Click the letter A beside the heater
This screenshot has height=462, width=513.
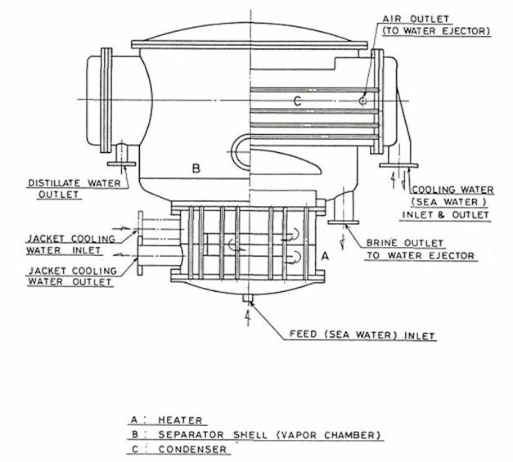325,256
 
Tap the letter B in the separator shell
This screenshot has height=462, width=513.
196,168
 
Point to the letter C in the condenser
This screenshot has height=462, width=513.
297,101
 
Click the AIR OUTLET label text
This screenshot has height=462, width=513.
416,19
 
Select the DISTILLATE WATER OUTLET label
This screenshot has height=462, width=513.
74,189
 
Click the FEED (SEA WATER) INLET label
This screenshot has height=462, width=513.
362,335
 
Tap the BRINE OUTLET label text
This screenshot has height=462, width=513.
405,243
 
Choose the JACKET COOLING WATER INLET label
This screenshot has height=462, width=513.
70,244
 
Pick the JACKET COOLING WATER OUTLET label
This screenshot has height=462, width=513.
72,276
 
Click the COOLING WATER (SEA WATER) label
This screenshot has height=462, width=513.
452,196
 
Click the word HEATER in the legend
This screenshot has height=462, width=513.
180,420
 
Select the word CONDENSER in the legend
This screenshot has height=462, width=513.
192,450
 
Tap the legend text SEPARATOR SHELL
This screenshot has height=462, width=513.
213,435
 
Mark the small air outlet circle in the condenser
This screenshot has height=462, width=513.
362,101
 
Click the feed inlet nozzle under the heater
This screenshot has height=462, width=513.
248,298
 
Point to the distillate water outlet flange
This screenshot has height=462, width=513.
121,164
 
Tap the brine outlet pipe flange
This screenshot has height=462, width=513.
343,222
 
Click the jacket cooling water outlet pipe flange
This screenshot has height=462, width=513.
140,255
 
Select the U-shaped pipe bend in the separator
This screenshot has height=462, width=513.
238,152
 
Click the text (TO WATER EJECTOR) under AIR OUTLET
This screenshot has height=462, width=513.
436,31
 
